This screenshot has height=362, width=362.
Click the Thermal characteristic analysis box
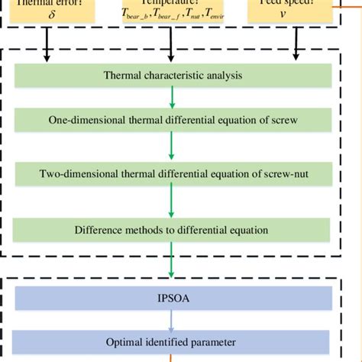173,75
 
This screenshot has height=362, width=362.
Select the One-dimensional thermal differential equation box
173,121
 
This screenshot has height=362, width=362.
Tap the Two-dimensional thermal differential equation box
173,173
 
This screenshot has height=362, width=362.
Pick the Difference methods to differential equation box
173,229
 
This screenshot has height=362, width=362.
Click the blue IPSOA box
173,297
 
